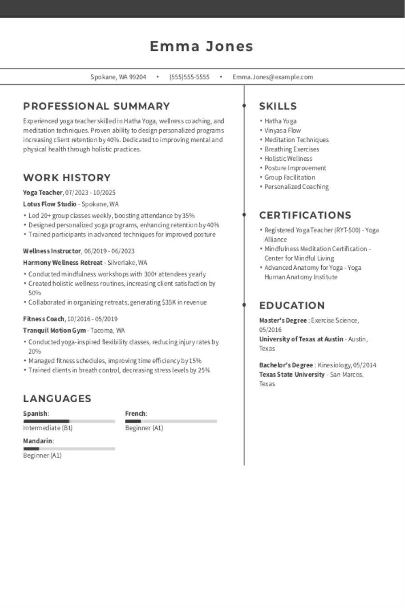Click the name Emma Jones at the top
[x=202, y=46]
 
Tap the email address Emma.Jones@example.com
[x=273, y=77]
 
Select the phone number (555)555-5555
[x=189, y=77]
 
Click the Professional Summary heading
[x=96, y=106]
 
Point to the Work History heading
[x=67, y=177]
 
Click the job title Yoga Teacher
[x=43, y=193]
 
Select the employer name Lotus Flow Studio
[x=50, y=204]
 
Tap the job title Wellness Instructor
[x=52, y=251]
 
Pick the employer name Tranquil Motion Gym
[x=54, y=330]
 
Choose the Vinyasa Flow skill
[x=283, y=130]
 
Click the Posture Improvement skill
[x=295, y=168]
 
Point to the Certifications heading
[x=305, y=215]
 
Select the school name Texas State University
[x=292, y=375]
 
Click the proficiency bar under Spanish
[x=69, y=421]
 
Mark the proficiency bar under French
[x=171, y=421]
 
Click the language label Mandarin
[x=38, y=441]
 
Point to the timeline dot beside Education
[x=244, y=305]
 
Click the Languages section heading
[x=57, y=399]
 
